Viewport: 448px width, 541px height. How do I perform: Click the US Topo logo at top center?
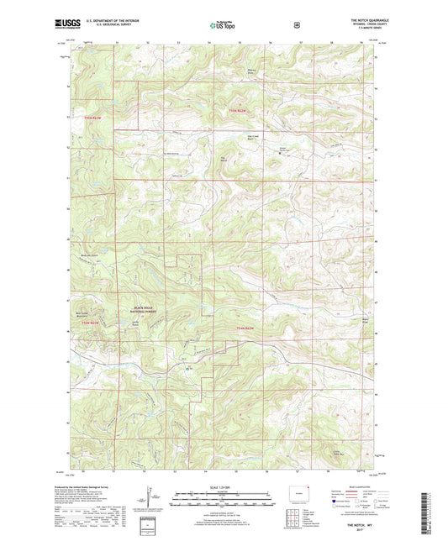coord(222,26)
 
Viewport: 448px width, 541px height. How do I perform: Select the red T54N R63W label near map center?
coord(244,326)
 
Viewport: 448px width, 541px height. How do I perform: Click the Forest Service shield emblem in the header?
coord(295,25)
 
